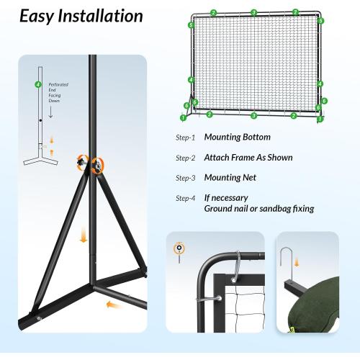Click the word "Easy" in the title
coord(41,16)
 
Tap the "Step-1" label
coord(185,138)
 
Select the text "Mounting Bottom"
coord(238,137)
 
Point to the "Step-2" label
coord(185,158)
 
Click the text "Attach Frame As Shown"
coord(248,157)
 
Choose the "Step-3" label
coord(185,178)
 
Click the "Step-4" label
coord(185,198)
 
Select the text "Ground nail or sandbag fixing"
coord(258,209)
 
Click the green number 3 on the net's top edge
coord(253,12)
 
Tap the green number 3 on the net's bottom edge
coord(253,115)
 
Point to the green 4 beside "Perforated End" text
coord(37,85)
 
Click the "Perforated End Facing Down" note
coord(58,94)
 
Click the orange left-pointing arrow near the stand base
coord(112,305)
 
